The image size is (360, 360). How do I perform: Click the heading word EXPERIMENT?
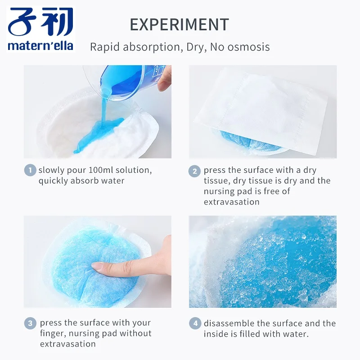(179, 25)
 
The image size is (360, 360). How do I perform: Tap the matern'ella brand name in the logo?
(40, 46)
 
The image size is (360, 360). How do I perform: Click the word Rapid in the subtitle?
(105, 47)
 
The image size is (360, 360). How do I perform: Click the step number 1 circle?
(30, 170)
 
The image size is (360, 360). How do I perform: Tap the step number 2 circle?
(195, 171)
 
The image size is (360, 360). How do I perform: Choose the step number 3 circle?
(30, 323)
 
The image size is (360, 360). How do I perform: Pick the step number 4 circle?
(195, 323)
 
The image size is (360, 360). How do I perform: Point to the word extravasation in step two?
(231, 202)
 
